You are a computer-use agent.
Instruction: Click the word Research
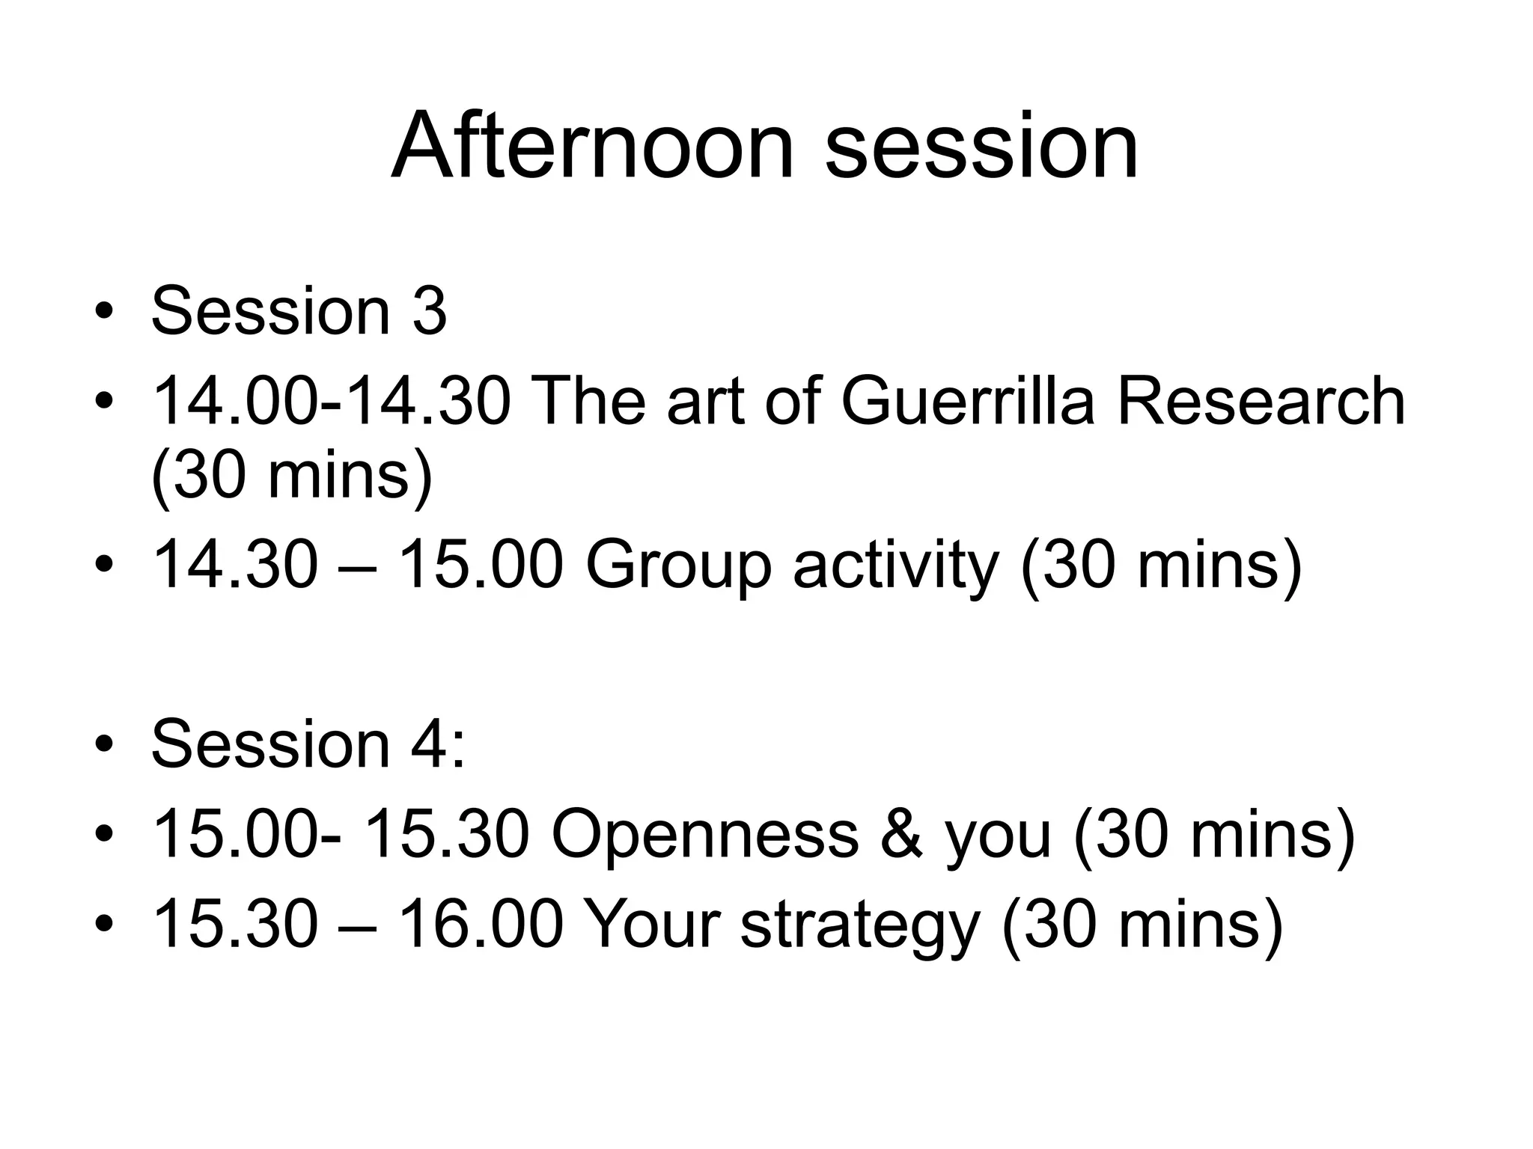[x=1261, y=402]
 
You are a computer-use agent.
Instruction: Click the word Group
[x=678, y=566]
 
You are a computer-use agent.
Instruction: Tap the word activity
[x=896, y=566]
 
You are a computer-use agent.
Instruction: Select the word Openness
[x=704, y=835]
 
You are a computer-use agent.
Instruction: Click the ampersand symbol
[x=902, y=835]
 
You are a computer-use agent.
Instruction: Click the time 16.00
[x=480, y=925]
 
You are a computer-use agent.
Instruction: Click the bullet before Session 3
[x=104, y=311]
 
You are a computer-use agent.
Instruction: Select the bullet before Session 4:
[x=104, y=745]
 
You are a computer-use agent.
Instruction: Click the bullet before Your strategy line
[x=104, y=926]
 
